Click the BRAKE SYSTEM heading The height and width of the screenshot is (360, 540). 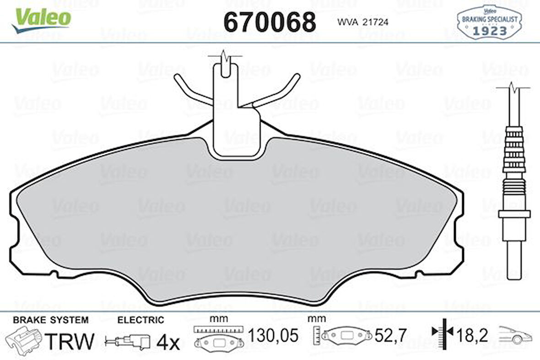(51, 320)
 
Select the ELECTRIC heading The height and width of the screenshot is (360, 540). (140, 320)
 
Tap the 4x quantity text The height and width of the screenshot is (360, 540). (168, 341)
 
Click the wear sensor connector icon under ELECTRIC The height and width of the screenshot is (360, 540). (128, 341)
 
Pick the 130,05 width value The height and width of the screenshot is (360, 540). (273, 336)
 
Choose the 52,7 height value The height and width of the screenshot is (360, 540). (390, 336)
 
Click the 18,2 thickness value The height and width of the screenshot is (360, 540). (472, 336)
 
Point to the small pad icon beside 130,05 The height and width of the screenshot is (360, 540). (218, 342)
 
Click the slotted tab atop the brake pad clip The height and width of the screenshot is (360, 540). (226, 70)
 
